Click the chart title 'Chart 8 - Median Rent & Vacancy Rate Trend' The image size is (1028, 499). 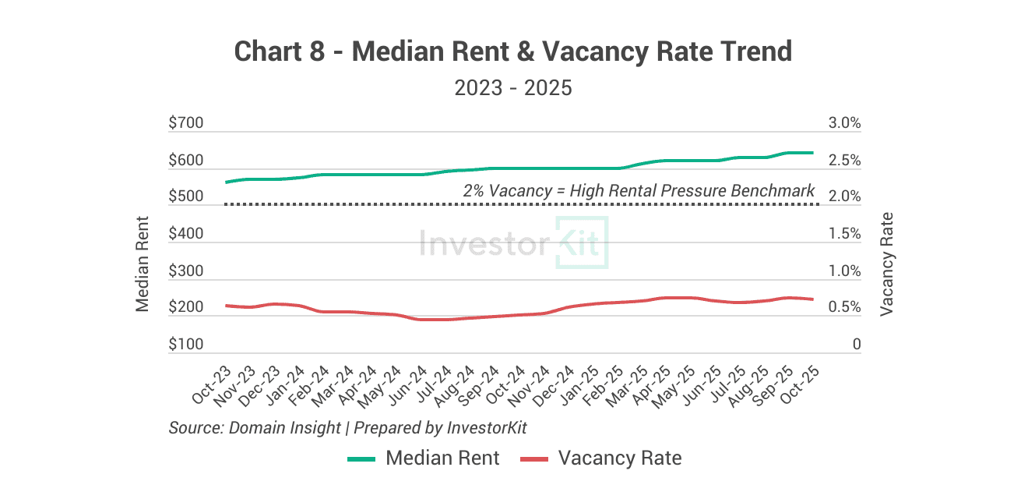pos(513,52)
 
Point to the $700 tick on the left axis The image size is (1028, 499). pos(185,123)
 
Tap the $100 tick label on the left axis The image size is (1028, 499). pos(185,345)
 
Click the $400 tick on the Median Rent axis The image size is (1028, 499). pos(185,234)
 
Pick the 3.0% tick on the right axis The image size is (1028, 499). pos(845,123)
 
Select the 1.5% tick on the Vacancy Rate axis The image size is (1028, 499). pos(845,234)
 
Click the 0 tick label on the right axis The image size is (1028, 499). pos(857,345)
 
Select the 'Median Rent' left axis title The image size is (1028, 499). pos(143,264)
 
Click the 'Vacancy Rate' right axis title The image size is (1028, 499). pos(886,264)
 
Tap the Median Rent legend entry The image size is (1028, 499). pos(424,458)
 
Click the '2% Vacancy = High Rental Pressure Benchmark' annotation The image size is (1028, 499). pos(639,190)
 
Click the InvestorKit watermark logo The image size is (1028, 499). pos(513,243)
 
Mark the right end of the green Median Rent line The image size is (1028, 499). pos(812,153)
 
